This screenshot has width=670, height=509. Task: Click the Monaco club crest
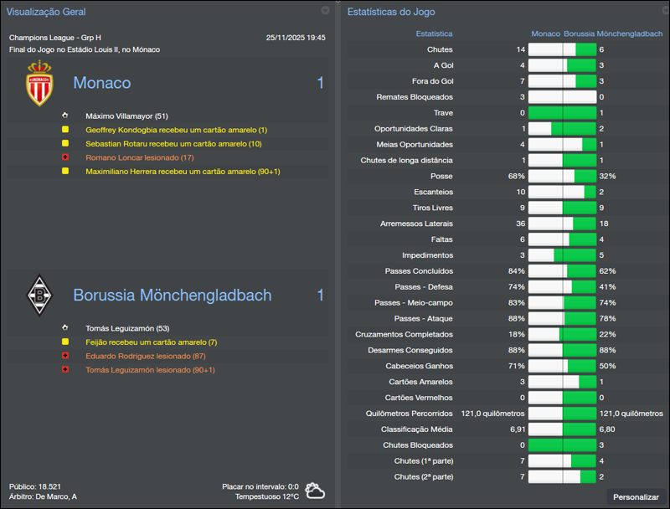click(38, 84)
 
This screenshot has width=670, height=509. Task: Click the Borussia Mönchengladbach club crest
click(38, 295)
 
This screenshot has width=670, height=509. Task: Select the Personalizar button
click(636, 496)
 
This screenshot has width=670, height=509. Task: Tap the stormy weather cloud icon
click(316, 491)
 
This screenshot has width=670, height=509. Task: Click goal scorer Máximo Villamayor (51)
click(126, 116)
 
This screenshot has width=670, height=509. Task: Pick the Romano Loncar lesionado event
click(139, 157)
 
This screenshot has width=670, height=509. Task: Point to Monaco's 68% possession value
click(516, 177)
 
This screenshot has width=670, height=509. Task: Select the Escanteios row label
click(432, 191)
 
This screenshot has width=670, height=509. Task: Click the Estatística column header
click(434, 34)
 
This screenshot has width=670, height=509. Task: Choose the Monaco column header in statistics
click(546, 34)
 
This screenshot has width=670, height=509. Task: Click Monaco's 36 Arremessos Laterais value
click(520, 224)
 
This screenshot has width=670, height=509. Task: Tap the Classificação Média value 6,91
click(518, 429)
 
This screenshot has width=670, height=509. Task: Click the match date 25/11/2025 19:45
click(296, 38)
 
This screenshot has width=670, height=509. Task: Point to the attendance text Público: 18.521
click(35, 486)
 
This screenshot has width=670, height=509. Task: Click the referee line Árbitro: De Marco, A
click(44, 496)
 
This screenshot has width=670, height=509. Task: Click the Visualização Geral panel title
click(45, 12)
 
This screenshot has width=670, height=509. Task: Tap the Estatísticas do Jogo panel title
click(390, 12)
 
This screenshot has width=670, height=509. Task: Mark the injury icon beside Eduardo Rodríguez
click(64, 356)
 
